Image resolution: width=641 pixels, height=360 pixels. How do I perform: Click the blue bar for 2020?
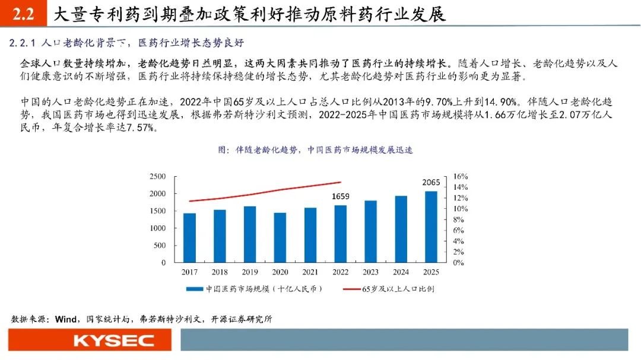pyautogui.click(x=280, y=237)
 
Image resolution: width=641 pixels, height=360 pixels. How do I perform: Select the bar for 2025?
pyautogui.click(x=431, y=227)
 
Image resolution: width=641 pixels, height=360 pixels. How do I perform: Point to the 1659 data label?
pyautogui.click(x=340, y=196)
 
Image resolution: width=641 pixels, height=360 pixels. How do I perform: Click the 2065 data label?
pyautogui.click(x=431, y=182)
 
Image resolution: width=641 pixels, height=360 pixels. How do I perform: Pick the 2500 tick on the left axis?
pyautogui.click(x=157, y=177)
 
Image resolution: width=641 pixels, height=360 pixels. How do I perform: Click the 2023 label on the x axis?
pyautogui.click(x=370, y=272)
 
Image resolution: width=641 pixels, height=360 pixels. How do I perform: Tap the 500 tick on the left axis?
pyautogui.click(x=160, y=246)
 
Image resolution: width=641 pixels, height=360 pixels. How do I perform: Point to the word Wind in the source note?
pyautogui.click(x=66, y=319)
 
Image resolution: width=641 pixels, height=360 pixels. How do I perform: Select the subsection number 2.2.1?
pyautogui.click(x=24, y=43)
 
